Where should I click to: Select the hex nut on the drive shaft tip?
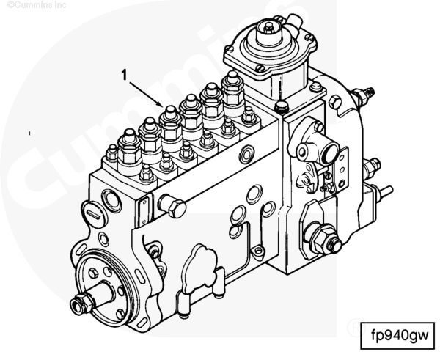78,304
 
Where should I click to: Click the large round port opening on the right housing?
306,150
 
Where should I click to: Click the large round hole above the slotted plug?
112,199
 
